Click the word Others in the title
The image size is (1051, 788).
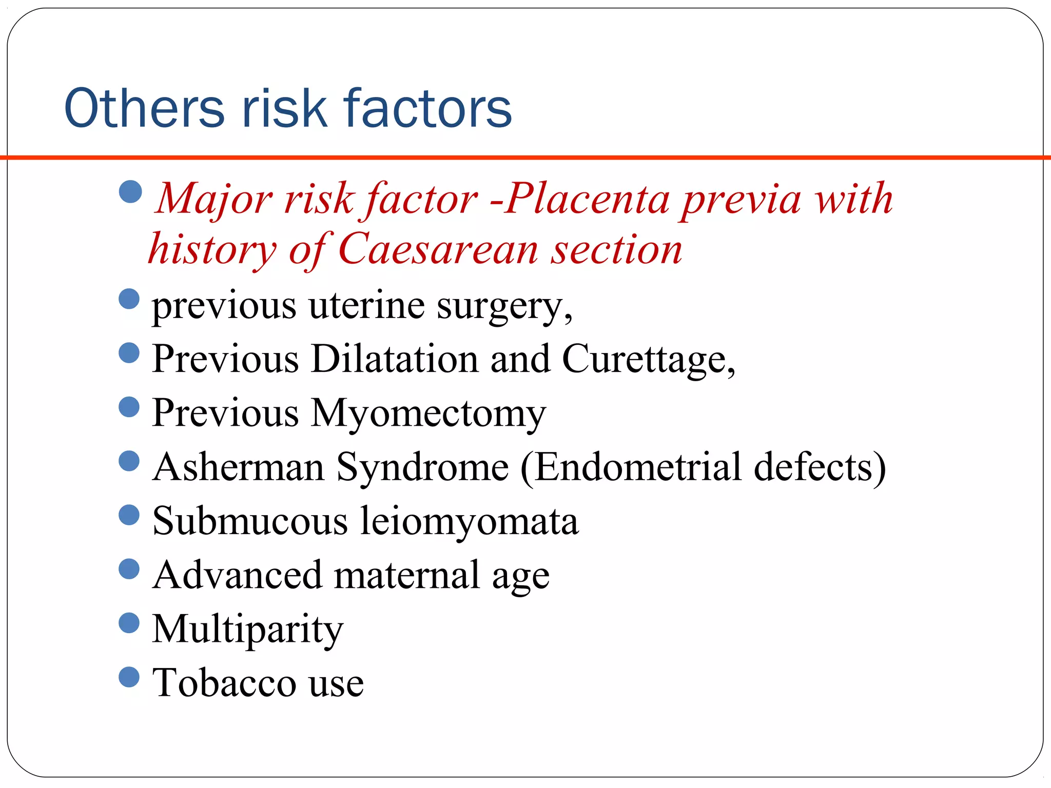point(144,108)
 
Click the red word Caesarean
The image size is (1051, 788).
point(438,249)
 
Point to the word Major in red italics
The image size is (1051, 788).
point(213,200)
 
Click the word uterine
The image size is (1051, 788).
point(366,306)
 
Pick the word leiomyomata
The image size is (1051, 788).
point(469,522)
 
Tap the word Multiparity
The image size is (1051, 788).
point(248,630)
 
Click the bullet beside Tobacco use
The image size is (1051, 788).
point(129,677)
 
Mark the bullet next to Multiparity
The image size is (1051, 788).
point(129,623)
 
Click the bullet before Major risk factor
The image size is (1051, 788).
point(130,191)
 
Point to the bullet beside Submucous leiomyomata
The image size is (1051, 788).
point(129,515)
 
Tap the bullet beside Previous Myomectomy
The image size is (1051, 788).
point(129,407)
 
